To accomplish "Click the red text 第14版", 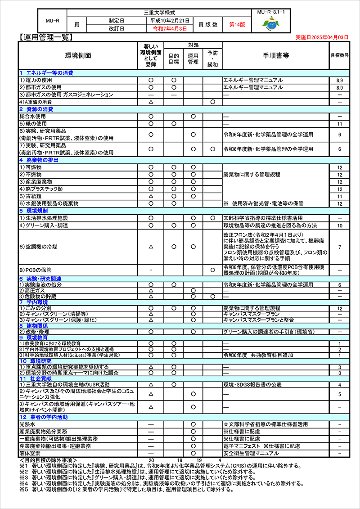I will (237, 25).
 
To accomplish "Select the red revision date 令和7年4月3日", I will (170, 28).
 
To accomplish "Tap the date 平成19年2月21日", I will (170, 21).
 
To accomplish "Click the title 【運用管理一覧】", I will (45, 37).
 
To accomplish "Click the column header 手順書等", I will (275, 56).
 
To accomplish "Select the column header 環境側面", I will (78, 56).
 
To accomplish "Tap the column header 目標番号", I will (339, 56).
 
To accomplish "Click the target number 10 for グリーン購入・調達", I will (339, 225).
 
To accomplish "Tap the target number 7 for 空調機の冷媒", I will (339, 247).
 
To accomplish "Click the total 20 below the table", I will (151, 460).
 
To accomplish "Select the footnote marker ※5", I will (24, 490).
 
